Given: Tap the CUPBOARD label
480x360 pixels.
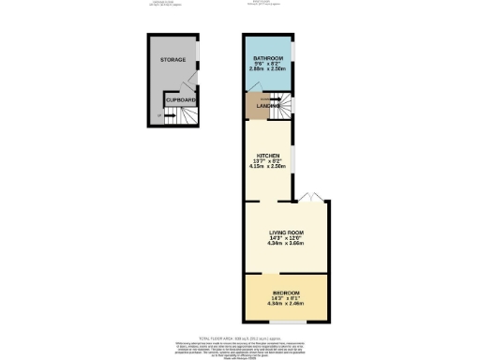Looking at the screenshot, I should (x=180, y=98).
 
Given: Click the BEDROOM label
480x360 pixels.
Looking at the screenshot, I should (x=285, y=292).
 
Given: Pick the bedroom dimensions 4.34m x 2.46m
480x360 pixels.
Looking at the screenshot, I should (x=285, y=304).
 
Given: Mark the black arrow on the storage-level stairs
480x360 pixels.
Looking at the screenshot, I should (x=170, y=117).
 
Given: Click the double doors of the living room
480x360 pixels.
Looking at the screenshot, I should (x=310, y=197).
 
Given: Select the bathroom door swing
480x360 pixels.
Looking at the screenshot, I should (x=254, y=85).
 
